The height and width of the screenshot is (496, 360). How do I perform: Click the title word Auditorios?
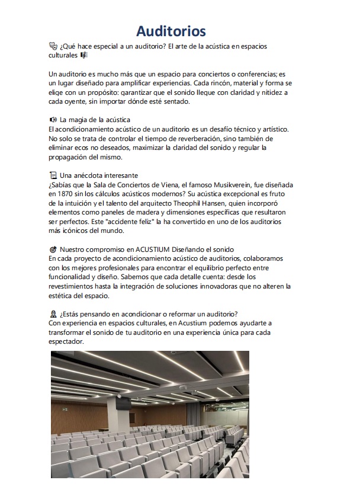pyautogui.click(x=171, y=31)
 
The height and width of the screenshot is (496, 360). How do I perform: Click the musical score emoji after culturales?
pyautogui.click(x=84, y=55)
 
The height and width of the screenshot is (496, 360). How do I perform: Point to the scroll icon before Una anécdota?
pyautogui.click(x=53, y=175)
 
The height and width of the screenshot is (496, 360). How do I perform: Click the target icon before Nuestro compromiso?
pyautogui.click(x=53, y=249)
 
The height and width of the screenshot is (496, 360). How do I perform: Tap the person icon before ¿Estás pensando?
pyautogui.click(x=53, y=313)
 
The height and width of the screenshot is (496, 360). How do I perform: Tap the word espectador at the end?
pyautogui.click(x=66, y=341)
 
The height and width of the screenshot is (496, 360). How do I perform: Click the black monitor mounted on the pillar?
pyautogui.click(x=124, y=404)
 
